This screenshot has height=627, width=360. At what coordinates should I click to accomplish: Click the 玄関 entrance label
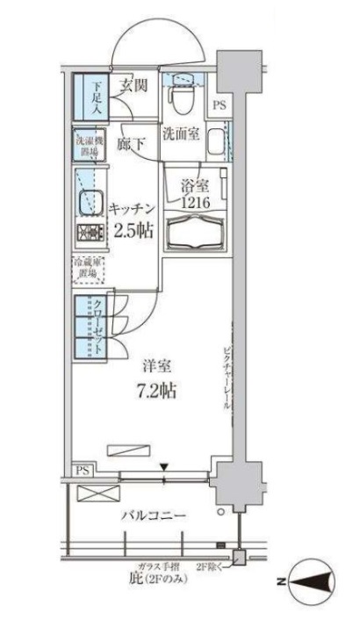coord(133,85)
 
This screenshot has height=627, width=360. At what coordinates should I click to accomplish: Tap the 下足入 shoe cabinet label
coord(96,97)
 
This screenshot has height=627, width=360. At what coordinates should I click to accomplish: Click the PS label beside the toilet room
coord(220,106)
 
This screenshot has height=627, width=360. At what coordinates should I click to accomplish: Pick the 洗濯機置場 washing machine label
coord(86,146)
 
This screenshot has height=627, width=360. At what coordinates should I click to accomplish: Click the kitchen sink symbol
coord(88,204)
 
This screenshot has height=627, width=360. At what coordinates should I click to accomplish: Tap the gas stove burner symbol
coord(89,234)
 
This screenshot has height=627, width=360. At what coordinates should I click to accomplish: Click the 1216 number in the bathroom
coord(194,204)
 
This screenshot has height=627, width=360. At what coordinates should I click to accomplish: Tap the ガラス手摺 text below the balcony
coord(157,568)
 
